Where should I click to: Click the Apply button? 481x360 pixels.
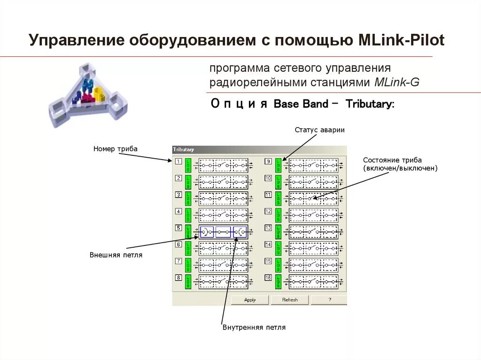click(x=249, y=300)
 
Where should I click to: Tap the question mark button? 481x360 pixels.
click(x=329, y=300)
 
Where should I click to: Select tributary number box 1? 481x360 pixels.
click(x=178, y=161)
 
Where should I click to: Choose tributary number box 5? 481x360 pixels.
click(x=178, y=228)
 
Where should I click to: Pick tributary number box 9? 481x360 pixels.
click(x=268, y=161)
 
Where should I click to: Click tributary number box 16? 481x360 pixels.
click(x=268, y=277)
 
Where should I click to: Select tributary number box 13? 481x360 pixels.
click(x=268, y=228)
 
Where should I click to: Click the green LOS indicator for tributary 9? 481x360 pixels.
click(x=278, y=165)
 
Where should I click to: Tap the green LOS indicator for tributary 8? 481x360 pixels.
click(x=188, y=282)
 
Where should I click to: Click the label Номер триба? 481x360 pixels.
click(x=115, y=149)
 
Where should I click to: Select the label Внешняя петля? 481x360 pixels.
click(x=116, y=255)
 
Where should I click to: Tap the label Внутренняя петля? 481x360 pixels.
click(x=254, y=327)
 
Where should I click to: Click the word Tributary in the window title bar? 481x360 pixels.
click(x=184, y=149)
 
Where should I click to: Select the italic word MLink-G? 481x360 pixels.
click(x=397, y=82)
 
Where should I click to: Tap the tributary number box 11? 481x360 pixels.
click(x=268, y=195)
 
